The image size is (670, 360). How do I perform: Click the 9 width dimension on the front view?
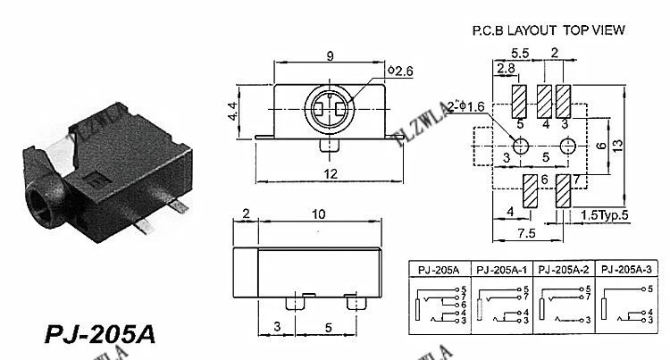(330, 56)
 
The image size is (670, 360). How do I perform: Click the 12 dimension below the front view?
(330, 174)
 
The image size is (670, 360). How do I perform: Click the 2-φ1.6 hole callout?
(468, 107)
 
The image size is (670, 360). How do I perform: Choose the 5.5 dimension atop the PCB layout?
(519, 53)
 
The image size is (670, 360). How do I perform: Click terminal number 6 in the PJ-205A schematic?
(463, 305)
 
